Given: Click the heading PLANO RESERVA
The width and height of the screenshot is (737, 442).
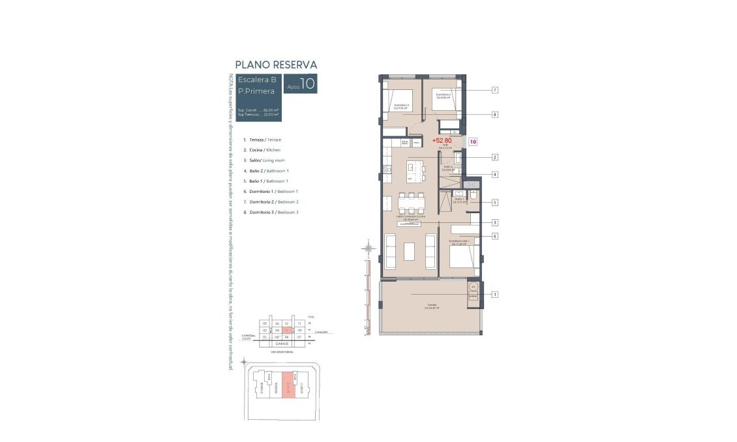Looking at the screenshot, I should tap(276, 65).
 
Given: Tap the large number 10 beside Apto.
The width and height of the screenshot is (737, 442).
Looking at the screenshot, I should tap(308, 83).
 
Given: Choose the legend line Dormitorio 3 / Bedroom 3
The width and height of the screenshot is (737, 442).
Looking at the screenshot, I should tap(271, 213).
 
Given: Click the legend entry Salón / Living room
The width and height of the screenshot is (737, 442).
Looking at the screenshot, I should tap(266, 160).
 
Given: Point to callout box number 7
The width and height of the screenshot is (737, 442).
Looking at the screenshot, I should tap(495, 90).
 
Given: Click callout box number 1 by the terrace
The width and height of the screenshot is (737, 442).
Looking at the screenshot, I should tap(495, 295).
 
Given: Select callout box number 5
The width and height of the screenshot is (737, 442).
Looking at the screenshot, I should tap(495, 202).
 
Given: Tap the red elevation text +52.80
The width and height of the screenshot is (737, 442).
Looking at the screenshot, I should tap(442, 140).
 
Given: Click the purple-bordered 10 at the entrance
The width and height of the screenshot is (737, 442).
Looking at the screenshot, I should tap(473, 141).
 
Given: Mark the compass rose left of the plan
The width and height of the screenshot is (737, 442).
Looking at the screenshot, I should tap(369, 248).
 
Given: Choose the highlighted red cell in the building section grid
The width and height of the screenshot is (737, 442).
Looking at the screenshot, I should tap(286, 330).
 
